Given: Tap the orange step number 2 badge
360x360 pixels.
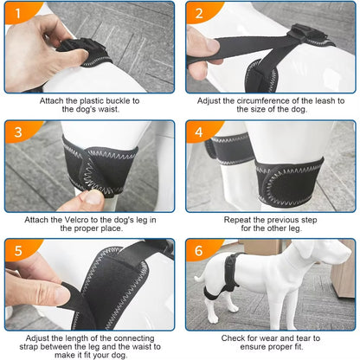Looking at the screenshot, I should click(199, 13).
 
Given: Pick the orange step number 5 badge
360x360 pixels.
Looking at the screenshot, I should click(16, 250).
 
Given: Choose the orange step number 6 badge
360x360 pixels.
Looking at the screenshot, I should click(199, 250).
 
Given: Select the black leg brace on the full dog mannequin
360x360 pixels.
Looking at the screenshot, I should click(222, 299).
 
